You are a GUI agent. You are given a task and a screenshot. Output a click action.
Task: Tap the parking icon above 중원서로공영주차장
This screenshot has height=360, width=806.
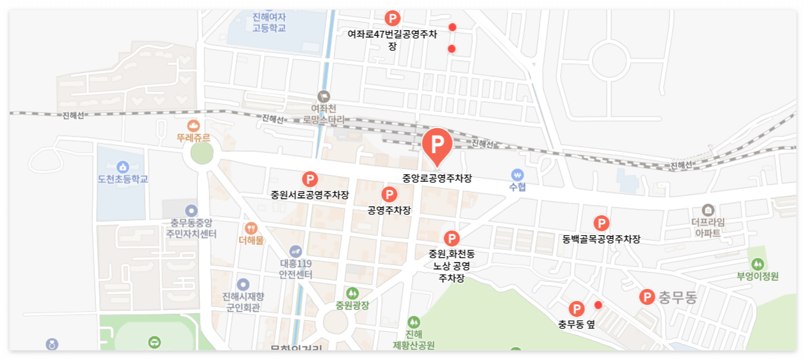click(310, 180)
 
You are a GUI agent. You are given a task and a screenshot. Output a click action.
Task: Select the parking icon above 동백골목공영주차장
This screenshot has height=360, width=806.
click(601, 224)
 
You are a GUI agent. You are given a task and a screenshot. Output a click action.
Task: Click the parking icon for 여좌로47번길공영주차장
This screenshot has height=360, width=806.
click(392, 19)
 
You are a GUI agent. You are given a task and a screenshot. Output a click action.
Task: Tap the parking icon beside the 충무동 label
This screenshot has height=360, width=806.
click(647, 297)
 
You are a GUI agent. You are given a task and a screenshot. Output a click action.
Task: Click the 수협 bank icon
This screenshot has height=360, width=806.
click(517, 174)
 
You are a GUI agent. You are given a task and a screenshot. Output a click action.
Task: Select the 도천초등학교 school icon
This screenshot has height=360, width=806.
click(122, 167)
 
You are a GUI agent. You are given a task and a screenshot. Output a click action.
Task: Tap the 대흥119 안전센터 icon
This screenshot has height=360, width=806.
click(295, 250)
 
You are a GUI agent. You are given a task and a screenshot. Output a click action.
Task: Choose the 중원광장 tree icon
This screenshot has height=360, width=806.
click(352, 293)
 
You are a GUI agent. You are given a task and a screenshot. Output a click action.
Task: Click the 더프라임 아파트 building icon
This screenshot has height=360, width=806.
click(708, 209)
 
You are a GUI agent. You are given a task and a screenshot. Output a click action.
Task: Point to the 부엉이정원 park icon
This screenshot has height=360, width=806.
click(758, 263)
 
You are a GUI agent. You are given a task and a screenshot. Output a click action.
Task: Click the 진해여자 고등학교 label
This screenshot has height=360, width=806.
click(268, 22)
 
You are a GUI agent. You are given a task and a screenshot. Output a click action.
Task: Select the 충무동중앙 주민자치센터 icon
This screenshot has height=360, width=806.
click(192, 210)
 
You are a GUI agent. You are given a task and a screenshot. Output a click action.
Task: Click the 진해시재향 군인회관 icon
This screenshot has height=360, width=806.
click(242, 284)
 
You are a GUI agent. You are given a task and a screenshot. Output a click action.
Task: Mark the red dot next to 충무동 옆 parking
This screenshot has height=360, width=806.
click(598, 305)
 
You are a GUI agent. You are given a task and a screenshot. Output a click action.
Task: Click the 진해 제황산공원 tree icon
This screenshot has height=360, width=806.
click(414, 322)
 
